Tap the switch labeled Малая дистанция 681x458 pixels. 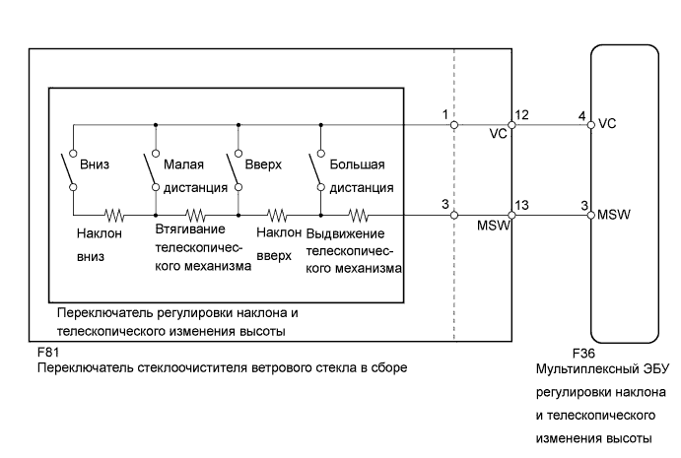[153, 169]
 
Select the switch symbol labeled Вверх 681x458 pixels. [237, 169]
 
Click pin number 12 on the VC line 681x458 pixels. [522, 115]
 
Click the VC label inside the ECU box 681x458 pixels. [607, 125]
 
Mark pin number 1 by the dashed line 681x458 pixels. [445, 115]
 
